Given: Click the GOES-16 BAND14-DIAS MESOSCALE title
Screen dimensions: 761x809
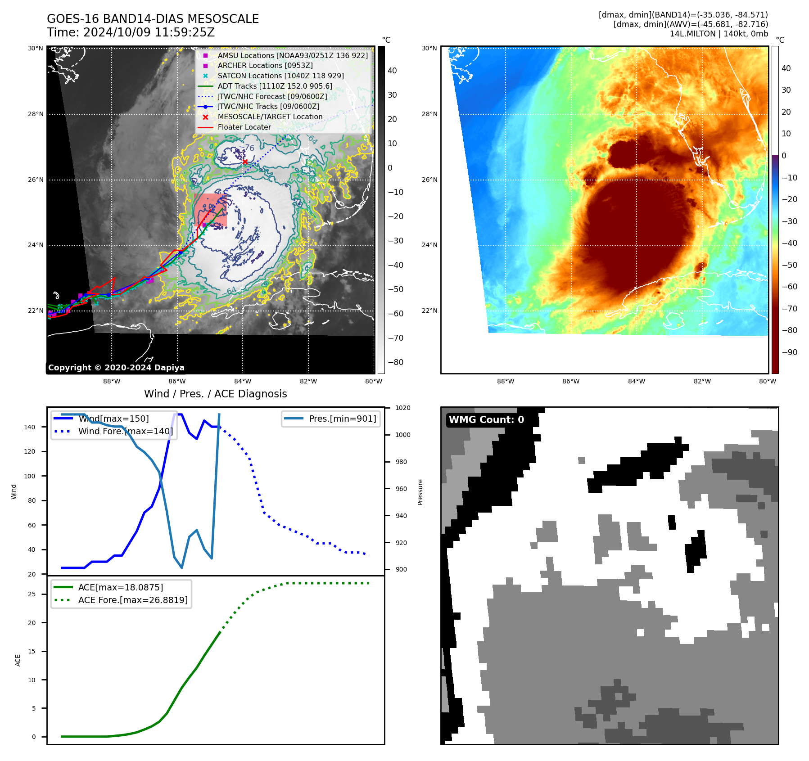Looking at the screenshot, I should click(x=153, y=19).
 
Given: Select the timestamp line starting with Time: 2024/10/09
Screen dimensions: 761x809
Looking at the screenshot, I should click(x=131, y=32).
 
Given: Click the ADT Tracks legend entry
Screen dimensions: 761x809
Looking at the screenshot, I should click(x=275, y=86).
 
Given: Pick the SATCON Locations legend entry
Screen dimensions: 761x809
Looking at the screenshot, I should click(x=280, y=76).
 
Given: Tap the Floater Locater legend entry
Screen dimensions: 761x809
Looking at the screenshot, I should click(x=244, y=127).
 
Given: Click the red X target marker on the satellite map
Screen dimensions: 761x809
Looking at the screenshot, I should click(x=245, y=162).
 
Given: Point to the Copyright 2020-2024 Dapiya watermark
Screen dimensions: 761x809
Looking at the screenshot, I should click(x=116, y=368).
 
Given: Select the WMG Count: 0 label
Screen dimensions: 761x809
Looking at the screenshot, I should click(x=486, y=419).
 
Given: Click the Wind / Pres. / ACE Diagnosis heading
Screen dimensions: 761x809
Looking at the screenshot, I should click(x=215, y=394).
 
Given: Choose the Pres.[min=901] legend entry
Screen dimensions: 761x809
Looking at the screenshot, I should click(x=342, y=419).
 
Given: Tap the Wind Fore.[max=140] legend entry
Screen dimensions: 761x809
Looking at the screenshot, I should click(x=125, y=431).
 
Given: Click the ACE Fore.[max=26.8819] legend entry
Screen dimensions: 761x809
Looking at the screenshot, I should click(x=133, y=600).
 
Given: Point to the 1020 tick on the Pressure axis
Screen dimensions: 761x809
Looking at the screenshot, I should click(x=402, y=408).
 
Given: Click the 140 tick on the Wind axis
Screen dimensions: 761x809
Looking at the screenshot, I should click(x=29, y=427).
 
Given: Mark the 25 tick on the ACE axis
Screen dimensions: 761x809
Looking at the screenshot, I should click(x=32, y=594).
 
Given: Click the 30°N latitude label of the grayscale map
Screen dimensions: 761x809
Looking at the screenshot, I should click(x=36, y=48).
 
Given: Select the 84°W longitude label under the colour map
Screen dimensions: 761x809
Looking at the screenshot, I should click(x=636, y=381).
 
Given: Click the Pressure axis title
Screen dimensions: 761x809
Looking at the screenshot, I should click(x=420, y=492).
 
